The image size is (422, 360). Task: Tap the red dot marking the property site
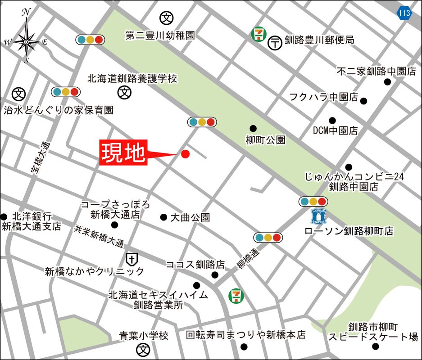185,154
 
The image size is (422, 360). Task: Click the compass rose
26,41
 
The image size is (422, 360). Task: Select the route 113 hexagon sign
404,13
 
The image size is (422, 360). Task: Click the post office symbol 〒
275,43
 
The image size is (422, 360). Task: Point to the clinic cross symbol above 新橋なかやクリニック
131,259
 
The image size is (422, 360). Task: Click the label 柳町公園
266,140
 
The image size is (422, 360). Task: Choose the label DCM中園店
336,131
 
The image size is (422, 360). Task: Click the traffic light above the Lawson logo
313,201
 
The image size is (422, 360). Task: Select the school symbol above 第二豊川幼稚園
167,18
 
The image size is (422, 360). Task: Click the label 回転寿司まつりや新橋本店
246,335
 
